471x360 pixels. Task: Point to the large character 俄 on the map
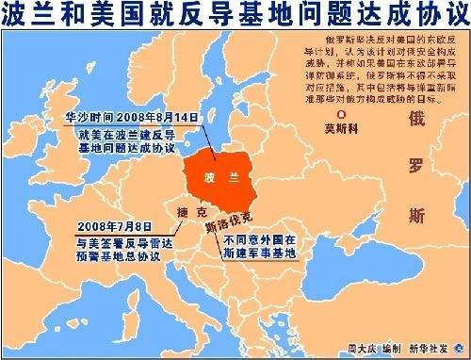(x=415, y=120)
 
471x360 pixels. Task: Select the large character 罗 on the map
(x=415, y=169)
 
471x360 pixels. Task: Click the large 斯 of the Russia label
(x=415, y=218)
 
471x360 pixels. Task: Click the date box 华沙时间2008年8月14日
(x=132, y=120)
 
